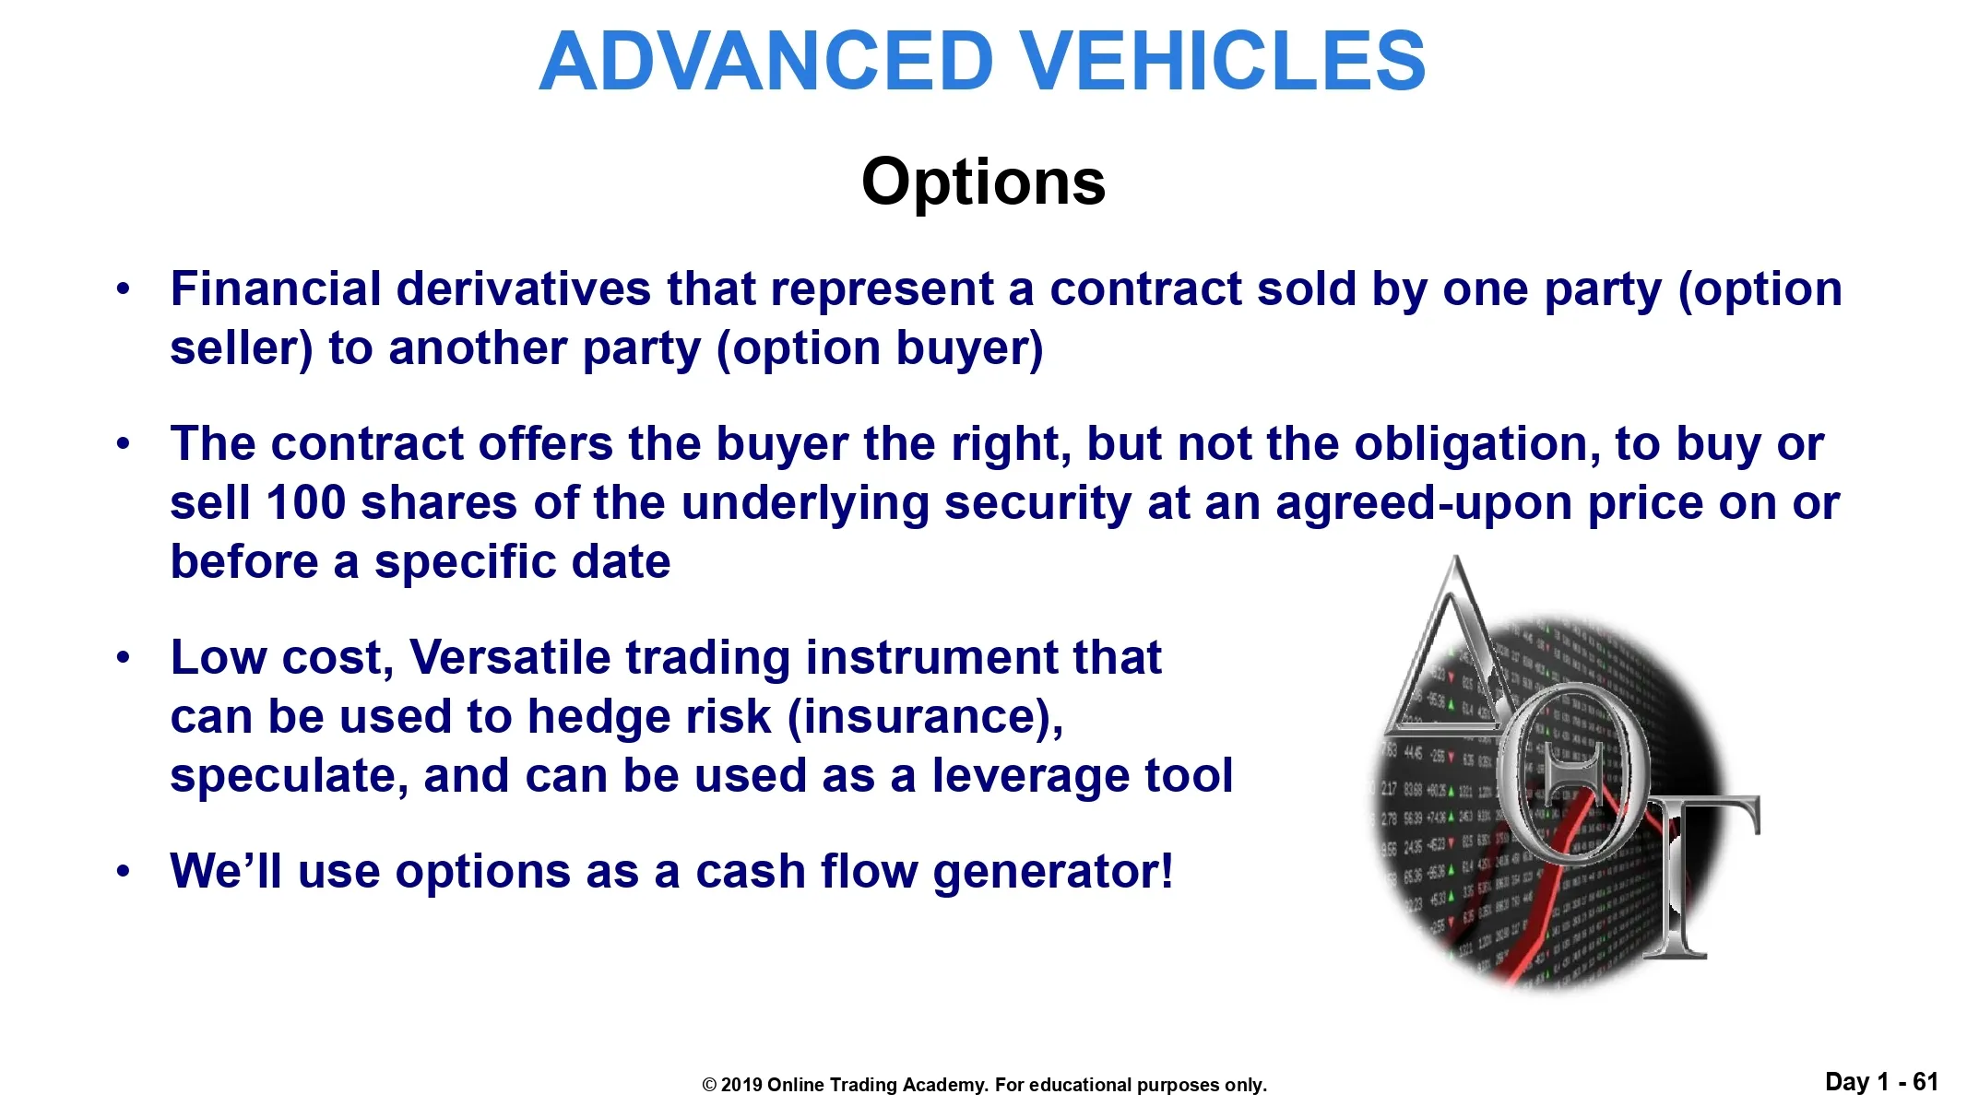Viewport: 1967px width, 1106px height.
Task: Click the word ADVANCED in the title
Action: pos(766,61)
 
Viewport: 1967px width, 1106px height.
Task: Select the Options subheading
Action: pos(983,182)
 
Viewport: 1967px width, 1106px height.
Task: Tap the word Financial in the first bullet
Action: pos(276,288)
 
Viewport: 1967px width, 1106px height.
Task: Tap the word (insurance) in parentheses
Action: pos(925,718)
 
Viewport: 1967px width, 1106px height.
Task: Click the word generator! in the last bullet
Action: pos(1053,873)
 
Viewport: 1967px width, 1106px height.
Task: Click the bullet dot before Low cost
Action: pos(124,658)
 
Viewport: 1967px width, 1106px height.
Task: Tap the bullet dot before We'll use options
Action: pos(124,872)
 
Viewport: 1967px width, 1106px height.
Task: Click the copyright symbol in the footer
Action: pos(709,1085)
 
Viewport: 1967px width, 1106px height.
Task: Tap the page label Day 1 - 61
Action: pos(1881,1082)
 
